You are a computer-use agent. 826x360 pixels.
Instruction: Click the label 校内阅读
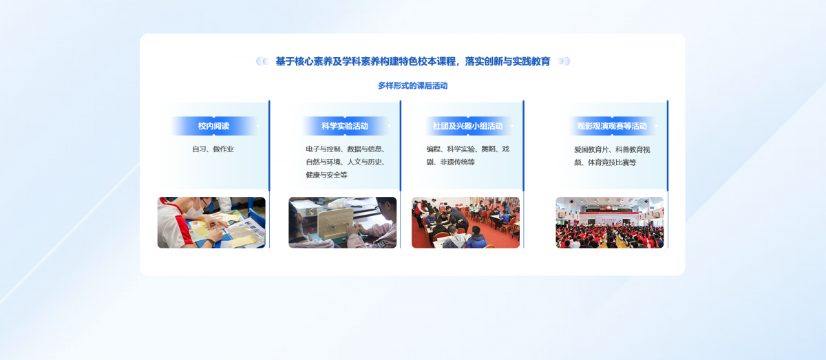point(213,126)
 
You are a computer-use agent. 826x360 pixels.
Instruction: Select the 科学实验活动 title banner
point(345,126)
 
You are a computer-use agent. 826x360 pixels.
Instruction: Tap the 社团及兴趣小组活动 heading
point(467,126)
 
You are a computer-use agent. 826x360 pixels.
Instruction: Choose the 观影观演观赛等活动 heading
point(612,126)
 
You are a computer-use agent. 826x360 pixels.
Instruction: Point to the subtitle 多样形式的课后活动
point(412,86)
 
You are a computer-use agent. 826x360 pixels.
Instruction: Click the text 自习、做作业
point(213,149)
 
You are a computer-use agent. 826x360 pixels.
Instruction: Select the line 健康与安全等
point(327,175)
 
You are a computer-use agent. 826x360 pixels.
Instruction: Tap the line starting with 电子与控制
point(346,149)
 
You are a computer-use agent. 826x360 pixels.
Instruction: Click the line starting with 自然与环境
point(346,162)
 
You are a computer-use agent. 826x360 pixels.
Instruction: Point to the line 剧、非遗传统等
point(451,162)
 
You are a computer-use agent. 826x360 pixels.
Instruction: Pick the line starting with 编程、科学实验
point(467,149)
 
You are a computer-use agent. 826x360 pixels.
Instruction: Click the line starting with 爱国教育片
point(612,149)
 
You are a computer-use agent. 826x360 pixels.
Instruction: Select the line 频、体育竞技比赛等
point(605,162)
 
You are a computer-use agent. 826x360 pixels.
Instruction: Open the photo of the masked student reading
point(211,222)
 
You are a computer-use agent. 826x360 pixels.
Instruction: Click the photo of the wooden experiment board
point(342,222)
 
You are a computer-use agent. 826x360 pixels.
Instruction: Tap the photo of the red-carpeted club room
point(465,222)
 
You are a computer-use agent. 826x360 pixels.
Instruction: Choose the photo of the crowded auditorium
point(610,222)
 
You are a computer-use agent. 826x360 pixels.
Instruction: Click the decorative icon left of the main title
point(262,61)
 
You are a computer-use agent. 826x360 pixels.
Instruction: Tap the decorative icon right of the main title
point(564,61)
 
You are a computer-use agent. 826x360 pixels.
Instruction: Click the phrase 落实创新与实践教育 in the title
point(507,61)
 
